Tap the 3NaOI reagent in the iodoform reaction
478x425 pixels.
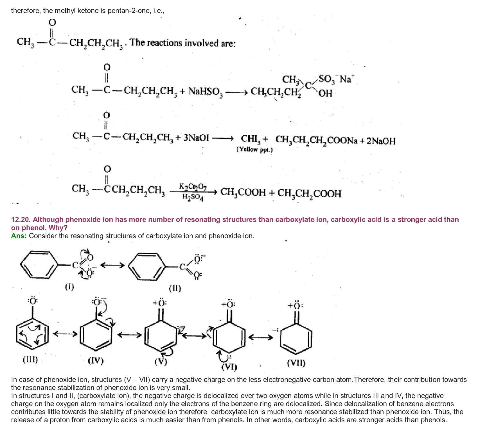pos(196,138)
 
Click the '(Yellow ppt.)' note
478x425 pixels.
pos(254,150)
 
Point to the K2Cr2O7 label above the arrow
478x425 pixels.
pos(193,187)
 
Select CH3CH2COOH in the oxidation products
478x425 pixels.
pos(309,193)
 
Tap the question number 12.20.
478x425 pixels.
pos(21,220)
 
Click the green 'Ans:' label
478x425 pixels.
pos(19,236)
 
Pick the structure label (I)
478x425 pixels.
pos(69,287)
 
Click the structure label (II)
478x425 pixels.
pos(175,288)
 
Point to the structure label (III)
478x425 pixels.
pos(30,360)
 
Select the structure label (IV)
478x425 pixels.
pos(96,361)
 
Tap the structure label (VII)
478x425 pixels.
pos(296,363)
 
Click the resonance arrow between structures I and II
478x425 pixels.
pos(112,265)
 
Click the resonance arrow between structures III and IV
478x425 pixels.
pos(65,334)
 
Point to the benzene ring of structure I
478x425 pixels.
pos(39,265)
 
